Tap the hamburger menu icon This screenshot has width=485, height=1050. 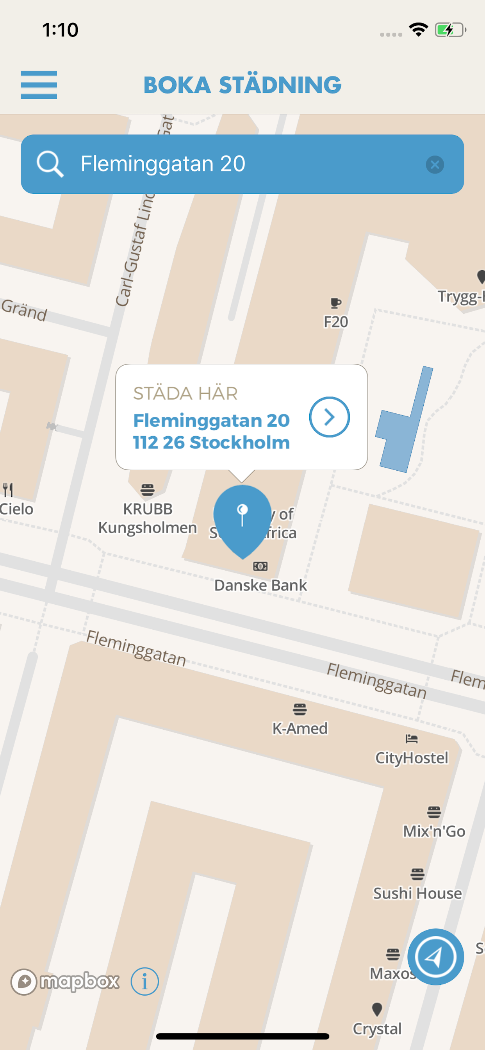(x=39, y=85)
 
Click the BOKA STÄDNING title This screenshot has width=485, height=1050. (x=242, y=85)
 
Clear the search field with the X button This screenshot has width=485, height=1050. (x=435, y=165)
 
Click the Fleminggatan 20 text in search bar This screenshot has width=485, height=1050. (x=163, y=164)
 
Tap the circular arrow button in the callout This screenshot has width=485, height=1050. (x=329, y=417)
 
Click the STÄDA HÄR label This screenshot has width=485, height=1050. (x=185, y=393)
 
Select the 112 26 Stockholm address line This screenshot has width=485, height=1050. (x=211, y=442)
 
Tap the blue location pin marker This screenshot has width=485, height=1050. (x=242, y=518)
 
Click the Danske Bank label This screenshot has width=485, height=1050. (x=260, y=585)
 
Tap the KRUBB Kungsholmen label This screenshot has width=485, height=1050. (x=148, y=518)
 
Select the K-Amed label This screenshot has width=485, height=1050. (x=300, y=728)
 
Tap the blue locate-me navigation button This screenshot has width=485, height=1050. (x=435, y=957)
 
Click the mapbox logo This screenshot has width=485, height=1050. (x=65, y=982)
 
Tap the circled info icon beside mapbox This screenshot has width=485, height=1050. (x=145, y=982)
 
